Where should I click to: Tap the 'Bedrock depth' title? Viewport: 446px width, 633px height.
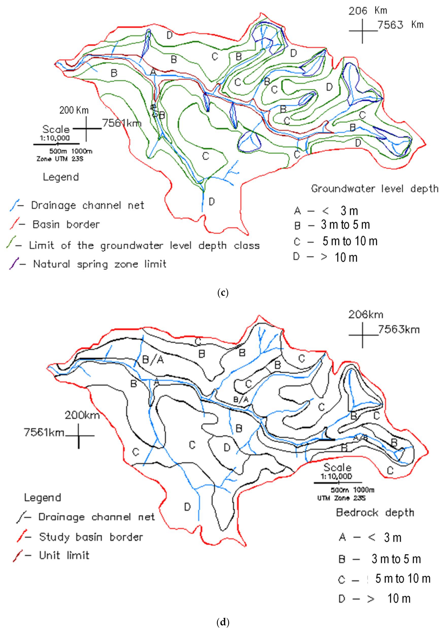point(375,513)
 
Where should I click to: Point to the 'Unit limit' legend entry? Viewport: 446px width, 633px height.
point(64,555)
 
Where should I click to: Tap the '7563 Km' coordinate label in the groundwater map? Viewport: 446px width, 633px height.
point(400,25)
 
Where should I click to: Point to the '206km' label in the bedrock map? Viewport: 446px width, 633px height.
point(366,315)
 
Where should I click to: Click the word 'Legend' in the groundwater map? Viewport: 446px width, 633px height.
point(61,177)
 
